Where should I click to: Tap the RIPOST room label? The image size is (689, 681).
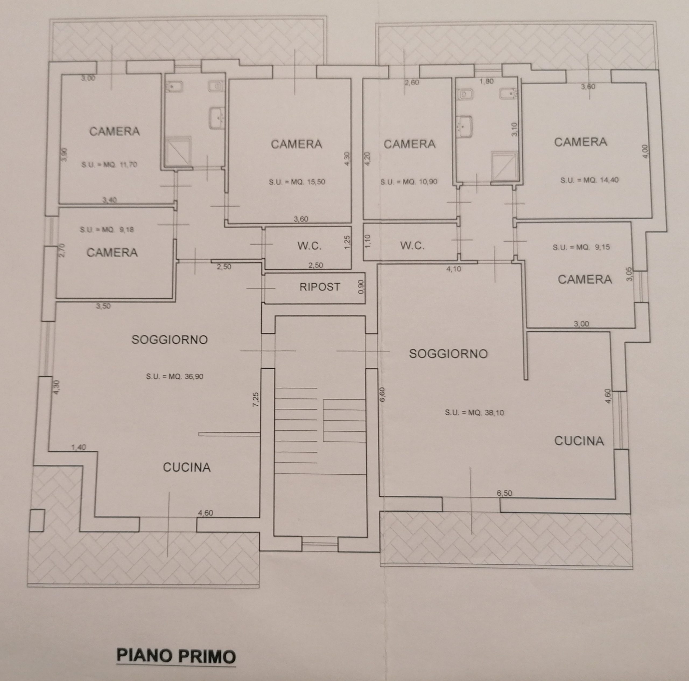(320, 287)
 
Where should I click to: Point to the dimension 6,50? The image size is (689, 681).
(504, 494)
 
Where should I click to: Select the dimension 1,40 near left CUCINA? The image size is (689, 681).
(79, 447)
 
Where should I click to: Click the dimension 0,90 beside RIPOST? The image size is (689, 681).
(361, 287)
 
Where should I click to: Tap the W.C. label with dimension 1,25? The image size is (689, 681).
(309, 246)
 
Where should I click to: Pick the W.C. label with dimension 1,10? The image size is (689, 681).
(412, 246)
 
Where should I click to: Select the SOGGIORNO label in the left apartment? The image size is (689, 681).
(170, 339)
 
